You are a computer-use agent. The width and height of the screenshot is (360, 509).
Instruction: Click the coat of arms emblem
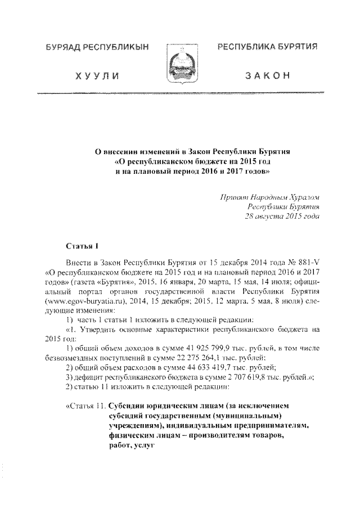[x=179, y=66]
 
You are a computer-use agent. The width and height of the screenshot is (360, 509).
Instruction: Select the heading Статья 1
[x=83, y=245]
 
